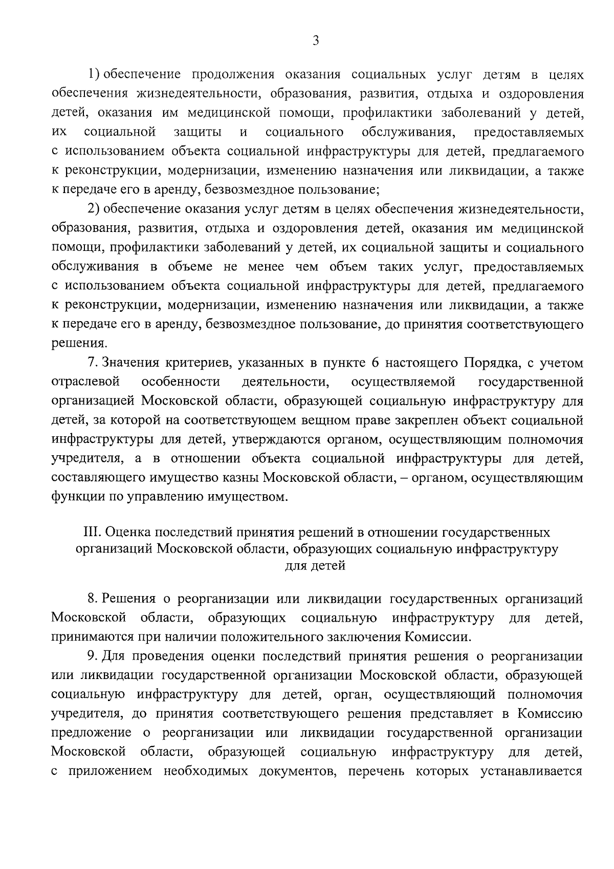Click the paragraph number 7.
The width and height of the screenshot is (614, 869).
pos(92,363)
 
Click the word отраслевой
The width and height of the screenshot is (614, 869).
pos(85,382)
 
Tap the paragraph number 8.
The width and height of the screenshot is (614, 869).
pos(92,599)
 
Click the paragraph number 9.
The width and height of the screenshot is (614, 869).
pos(92,656)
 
